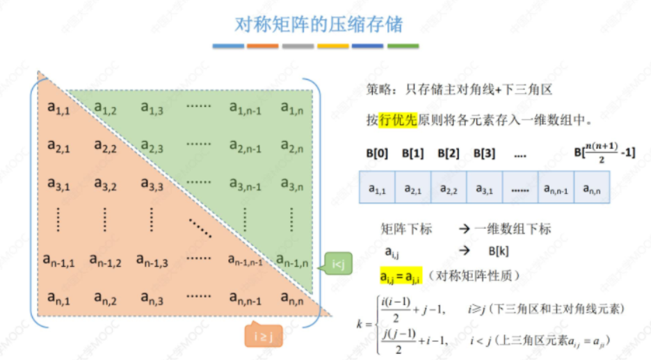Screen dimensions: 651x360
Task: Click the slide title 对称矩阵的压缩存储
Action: point(319,24)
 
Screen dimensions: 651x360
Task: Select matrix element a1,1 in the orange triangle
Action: point(58,107)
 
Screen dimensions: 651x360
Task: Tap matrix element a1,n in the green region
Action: point(292,107)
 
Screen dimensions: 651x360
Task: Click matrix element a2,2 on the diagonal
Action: point(105,146)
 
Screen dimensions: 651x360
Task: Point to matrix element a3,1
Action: point(58,184)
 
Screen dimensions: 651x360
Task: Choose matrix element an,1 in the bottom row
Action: point(58,300)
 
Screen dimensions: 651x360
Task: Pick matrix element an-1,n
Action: point(293,261)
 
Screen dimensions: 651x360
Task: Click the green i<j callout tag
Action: point(338,264)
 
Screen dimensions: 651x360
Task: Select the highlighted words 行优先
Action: point(398,120)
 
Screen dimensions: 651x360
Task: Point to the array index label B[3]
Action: point(485,153)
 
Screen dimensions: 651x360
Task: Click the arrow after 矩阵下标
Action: point(463,229)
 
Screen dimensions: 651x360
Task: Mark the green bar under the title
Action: point(403,47)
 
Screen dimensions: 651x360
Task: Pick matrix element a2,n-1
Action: point(246,146)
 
